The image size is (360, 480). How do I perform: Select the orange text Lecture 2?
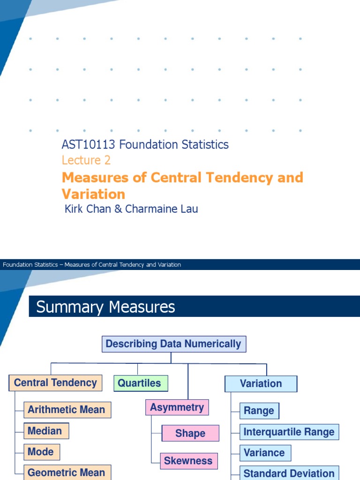pos(86,160)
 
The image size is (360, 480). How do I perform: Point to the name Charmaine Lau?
pos(162,209)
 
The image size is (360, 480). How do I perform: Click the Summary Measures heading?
pos(105,307)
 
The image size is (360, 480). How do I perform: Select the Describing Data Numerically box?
pos(173,344)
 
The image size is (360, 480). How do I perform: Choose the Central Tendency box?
pos(55,383)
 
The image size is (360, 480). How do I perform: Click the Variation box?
pos(261,384)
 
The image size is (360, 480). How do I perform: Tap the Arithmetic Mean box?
pos(67,410)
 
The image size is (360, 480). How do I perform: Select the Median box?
pos(45,431)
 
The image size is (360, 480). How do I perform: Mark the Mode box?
pos(41,452)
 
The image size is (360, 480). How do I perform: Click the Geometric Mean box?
pos(67,472)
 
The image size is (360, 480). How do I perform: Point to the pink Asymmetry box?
pos(177,408)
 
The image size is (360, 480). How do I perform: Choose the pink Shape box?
pos(190,434)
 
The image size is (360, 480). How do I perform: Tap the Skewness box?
pos(188,461)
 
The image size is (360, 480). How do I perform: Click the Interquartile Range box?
pos(289,432)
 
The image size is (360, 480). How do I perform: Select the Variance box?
pos(264,453)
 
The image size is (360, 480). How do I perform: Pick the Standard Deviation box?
pos(289,473)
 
